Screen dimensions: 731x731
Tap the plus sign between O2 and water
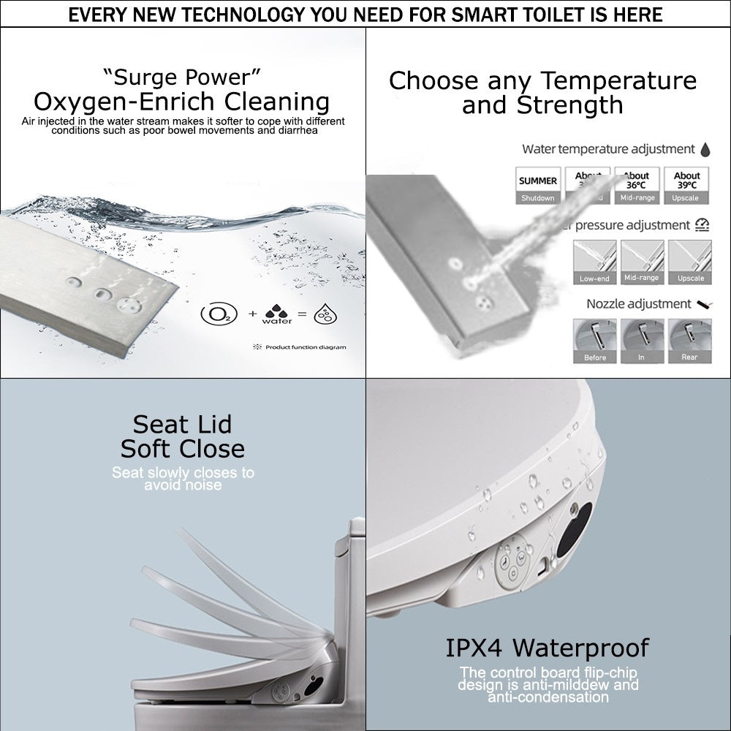pos(252,314)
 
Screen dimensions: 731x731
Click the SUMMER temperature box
pos(537,186)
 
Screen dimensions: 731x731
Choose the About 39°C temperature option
pos(686,186)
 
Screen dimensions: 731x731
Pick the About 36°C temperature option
pos(637,186)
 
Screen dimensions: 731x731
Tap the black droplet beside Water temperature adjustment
pos(705,150)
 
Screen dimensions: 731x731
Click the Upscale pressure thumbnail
pos(690,262)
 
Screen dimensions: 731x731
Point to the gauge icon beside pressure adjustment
pos(702,225)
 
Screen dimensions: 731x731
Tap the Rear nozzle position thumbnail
pos(690,341)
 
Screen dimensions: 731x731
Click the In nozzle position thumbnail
pos(641,341)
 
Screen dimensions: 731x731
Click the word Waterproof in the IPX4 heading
pos(581,648)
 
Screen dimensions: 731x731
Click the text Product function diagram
pos(306,347)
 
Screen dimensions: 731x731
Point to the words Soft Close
pos(183,448)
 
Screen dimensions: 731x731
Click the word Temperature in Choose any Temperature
pos(607,80)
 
